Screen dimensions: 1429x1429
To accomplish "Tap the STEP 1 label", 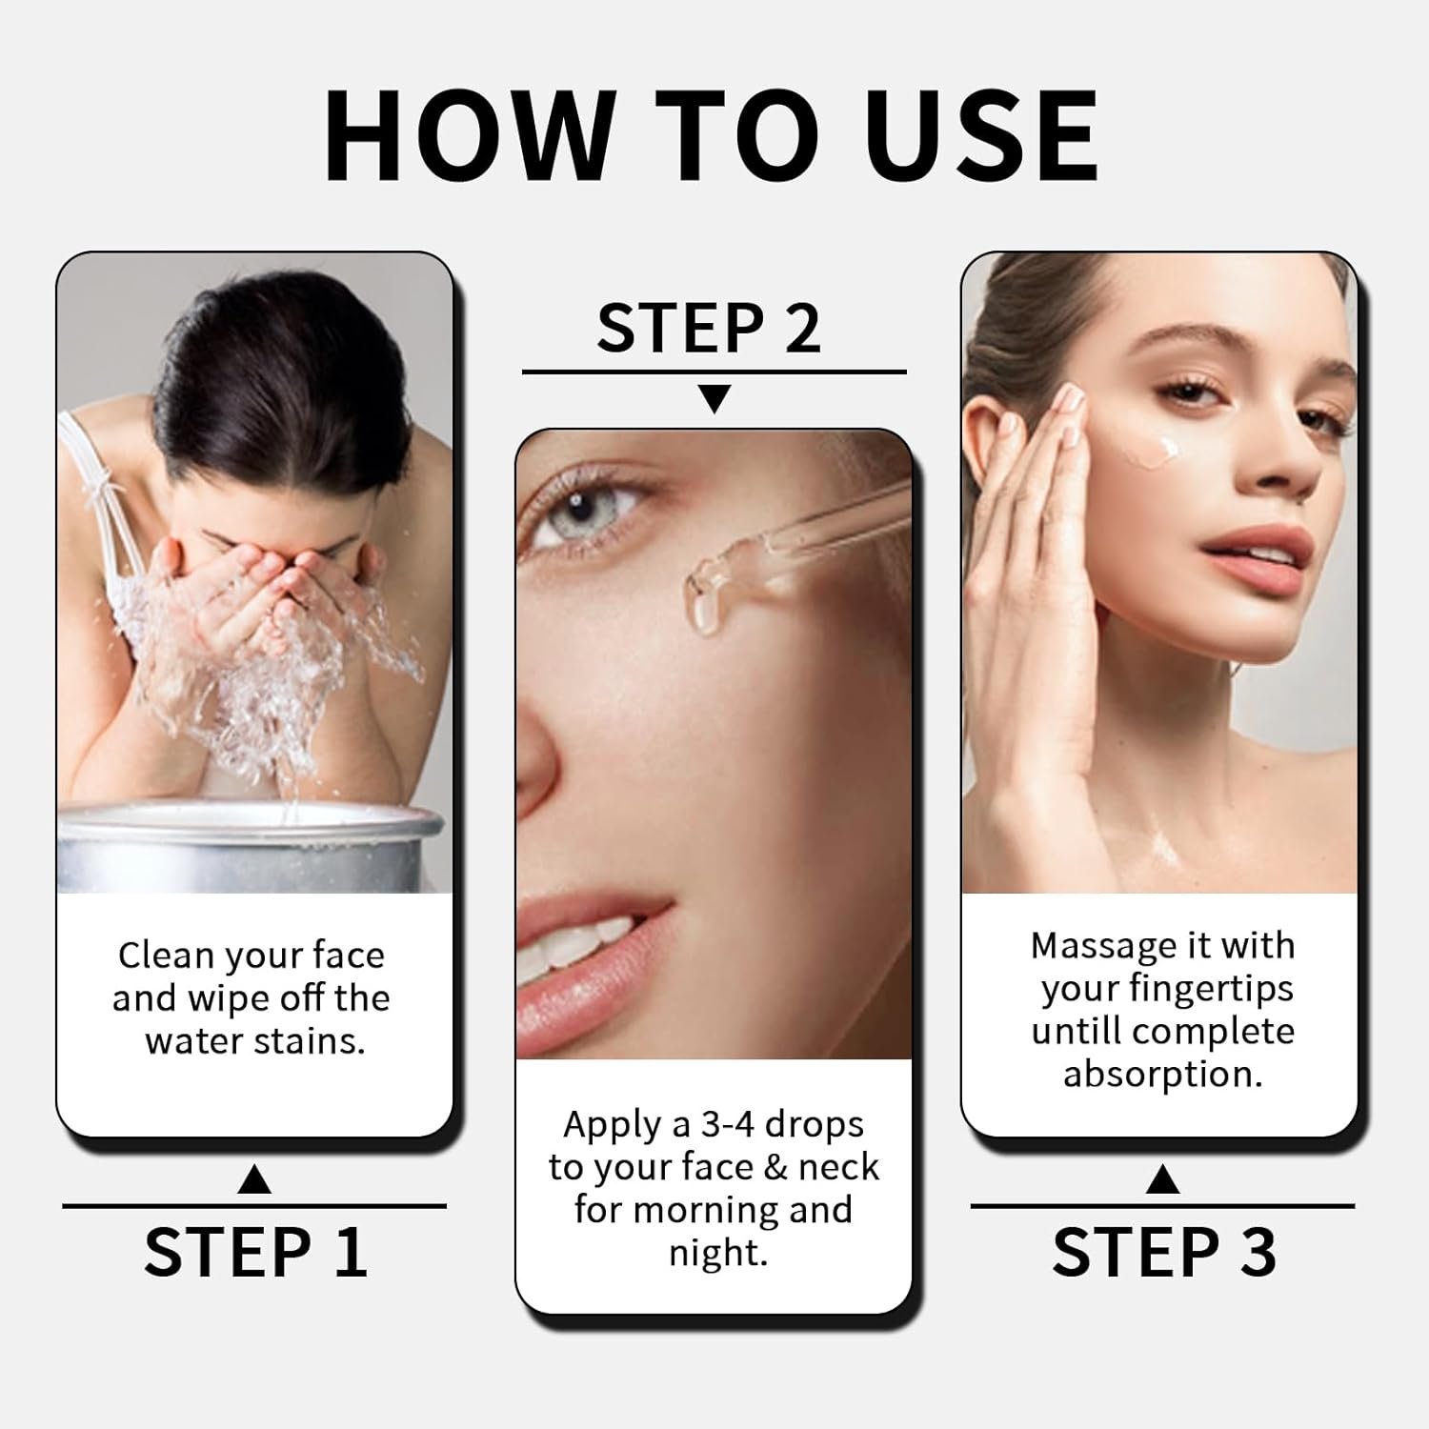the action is pos(255,1252).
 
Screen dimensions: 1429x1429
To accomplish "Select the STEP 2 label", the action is pos(709,328).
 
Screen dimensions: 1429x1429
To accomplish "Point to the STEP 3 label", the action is pos(1163,1252).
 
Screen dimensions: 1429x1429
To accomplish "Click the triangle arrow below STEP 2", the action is pos(714,398).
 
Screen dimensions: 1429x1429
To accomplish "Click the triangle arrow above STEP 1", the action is pos(254,1179).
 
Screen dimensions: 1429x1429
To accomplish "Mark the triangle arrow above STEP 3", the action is pos(1163,1179).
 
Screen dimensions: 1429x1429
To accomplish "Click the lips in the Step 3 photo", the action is pos(1246,553).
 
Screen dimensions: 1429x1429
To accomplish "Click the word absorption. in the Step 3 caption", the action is pos(1163,1076).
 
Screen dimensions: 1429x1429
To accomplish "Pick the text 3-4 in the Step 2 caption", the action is pos(729,1125).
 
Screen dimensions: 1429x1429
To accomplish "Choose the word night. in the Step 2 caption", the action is pos(717,1253).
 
